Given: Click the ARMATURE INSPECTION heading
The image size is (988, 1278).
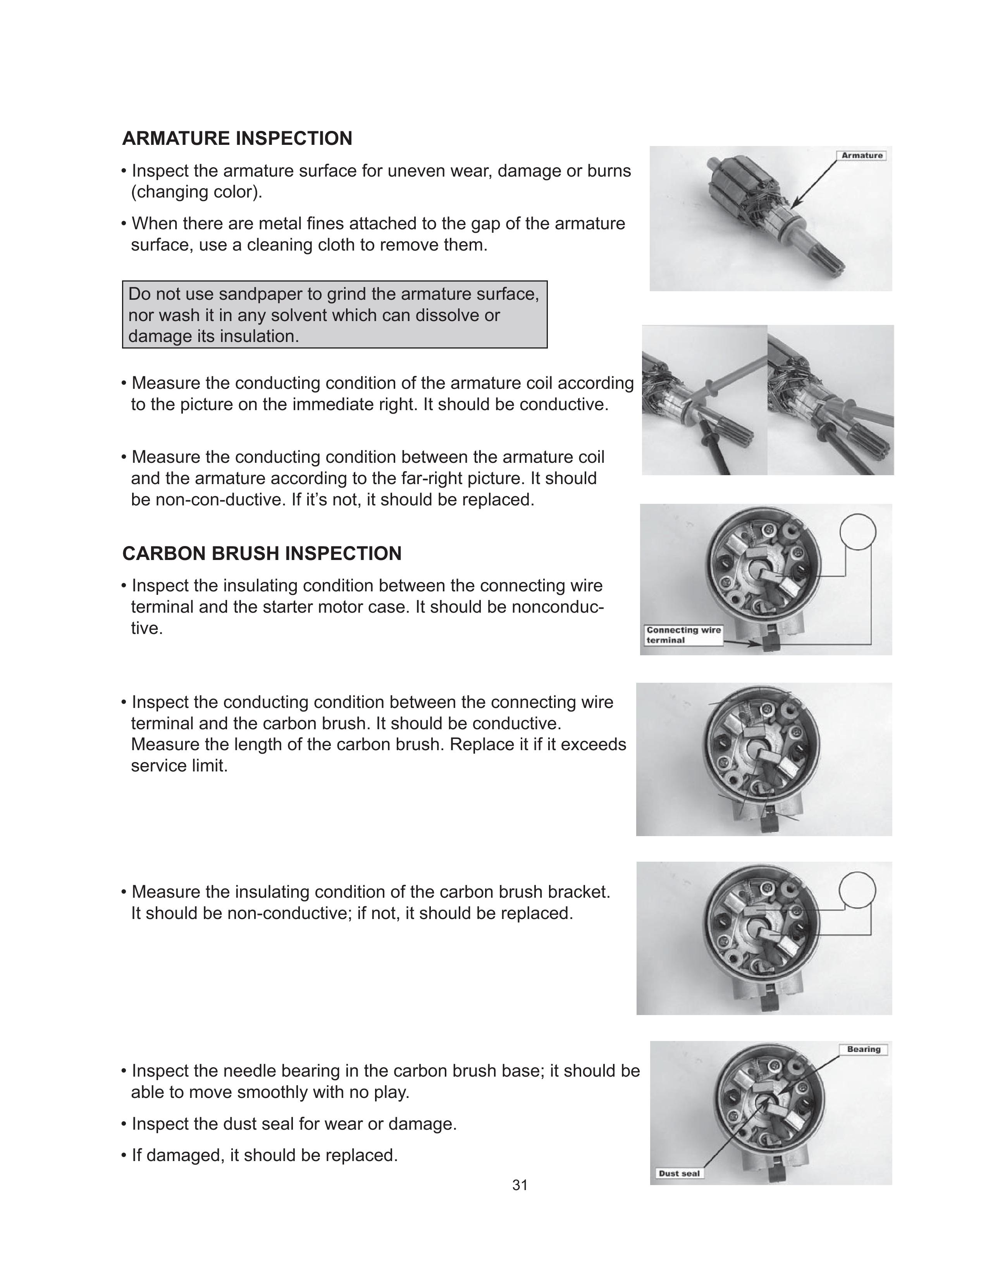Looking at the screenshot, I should click(x=237, y=139).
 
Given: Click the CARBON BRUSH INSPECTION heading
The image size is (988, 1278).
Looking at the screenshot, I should click(x=262, y=553).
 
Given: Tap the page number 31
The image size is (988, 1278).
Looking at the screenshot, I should click(x=520, y=1185).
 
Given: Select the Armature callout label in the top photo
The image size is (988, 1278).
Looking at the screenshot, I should click(x=862, y=156).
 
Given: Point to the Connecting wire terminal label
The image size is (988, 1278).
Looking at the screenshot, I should click(x=683, y=635).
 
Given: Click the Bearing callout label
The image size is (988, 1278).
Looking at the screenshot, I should click(x=863, y=1049).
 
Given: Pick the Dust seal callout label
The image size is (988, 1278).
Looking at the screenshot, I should click(x=679, y=1173).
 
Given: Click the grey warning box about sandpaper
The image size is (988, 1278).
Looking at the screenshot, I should click(x=334, y=315).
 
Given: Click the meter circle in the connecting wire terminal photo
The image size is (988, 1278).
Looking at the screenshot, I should click(x=857, y=532).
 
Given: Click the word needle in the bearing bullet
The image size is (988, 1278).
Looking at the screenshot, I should click(x=249, y=1071).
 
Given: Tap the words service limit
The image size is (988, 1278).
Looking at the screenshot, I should click(x=179, y=766).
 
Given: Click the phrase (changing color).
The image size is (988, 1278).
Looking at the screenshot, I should click(x=197, y=192).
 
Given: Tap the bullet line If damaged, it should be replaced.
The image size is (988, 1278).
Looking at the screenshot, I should click(x=265, y=1155).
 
